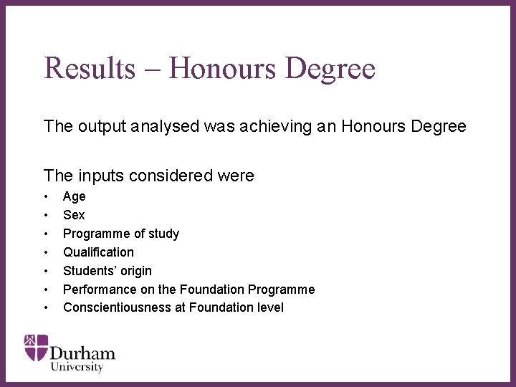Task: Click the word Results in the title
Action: tap(88, 69)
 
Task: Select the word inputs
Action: tap(97, 176)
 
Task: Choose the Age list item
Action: tap(74, 196)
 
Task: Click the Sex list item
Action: tap(74, 215)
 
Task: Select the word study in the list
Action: tap(163, 234)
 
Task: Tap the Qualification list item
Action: tap(98, 252)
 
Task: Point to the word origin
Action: tap(135, 271)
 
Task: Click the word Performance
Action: tap(96, 290)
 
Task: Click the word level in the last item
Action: tap(269, 307)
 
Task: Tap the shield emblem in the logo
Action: tap(36, 347)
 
